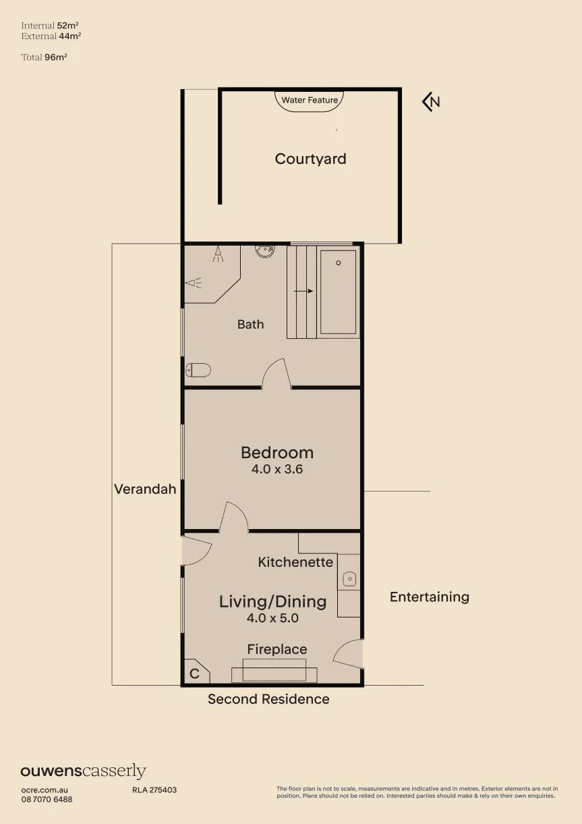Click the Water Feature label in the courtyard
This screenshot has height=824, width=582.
coord(310,100)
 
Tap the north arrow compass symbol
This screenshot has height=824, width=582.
coord(431,101)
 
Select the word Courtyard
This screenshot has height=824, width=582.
coord(310,159)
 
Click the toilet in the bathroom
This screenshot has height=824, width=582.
coord(198,370)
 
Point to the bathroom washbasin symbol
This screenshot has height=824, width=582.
coord(265,250)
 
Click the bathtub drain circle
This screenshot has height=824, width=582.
coord(339,263)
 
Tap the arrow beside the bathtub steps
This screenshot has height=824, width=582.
coord(303,292)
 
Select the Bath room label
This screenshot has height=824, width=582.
coord(250,324)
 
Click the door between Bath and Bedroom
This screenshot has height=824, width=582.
coord(277,374)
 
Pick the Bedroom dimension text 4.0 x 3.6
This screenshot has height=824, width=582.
coord(277,469)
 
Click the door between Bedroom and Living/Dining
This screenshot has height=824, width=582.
coord(234,517)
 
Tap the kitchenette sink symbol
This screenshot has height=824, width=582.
coord(349,579)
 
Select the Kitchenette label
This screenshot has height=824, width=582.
coord(295,562)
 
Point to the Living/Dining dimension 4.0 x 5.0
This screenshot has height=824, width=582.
coord(272,617)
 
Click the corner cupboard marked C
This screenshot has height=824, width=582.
coord(197,671)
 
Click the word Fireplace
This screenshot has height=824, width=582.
coord(277,649)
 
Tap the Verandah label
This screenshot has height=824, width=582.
coord(145,489)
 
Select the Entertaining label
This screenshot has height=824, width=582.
coord(430,597)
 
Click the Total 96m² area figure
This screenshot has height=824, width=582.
coord(44,57)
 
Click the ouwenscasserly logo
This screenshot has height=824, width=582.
coord(84,770)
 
